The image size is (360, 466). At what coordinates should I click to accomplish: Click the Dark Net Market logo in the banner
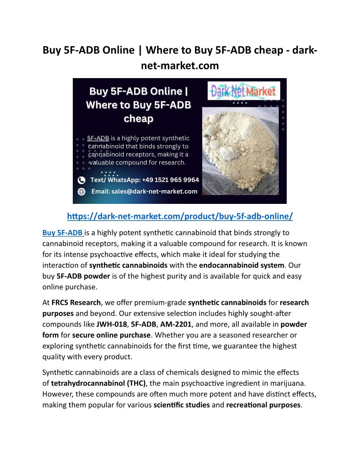(244, 91)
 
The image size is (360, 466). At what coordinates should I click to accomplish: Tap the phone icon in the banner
(81, 180)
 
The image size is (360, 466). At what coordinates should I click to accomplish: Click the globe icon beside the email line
(81, 192)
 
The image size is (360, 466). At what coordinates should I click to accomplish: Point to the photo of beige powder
(240, 152)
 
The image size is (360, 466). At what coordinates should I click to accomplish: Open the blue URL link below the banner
(180, 216)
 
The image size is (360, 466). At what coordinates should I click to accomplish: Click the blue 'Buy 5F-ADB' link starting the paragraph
(63, 233)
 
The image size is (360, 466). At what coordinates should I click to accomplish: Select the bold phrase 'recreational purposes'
(263, 404)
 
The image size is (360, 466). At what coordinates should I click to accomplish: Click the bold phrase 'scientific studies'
(181, 404)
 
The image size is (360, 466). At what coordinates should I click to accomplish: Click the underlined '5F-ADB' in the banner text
(98, 138)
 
